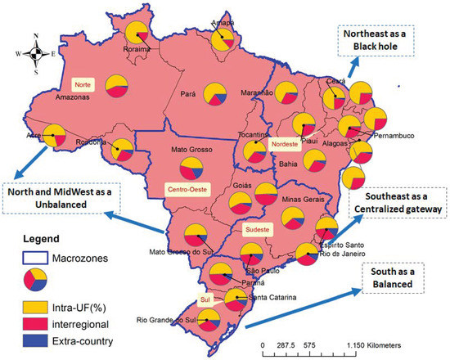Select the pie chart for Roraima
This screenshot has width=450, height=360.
pyautogui.click(x=138, y=35)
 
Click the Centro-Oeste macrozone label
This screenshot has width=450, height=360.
pyautogui.click(x=187, y=188)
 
